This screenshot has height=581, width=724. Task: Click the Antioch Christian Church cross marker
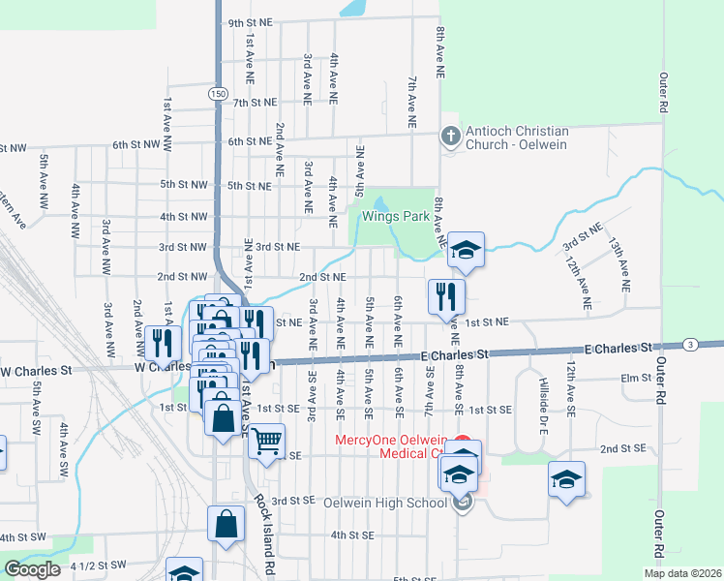(x=449, y=137)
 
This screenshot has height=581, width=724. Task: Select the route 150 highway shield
(x=217, y=94)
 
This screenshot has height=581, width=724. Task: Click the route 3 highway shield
(x=689, y=344)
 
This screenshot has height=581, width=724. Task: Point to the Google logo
(x=32, y=569)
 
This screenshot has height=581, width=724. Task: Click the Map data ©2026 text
(x=681, y=572)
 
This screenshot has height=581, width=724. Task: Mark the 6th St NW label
(x=135, y=144)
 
